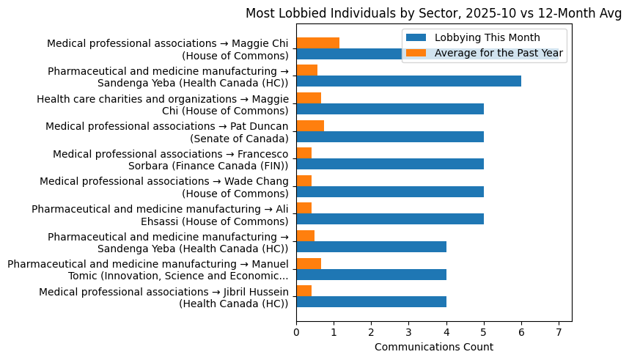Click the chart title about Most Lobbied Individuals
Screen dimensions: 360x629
433,13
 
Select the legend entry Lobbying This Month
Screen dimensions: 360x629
487,38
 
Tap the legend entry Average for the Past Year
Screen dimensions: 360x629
499,53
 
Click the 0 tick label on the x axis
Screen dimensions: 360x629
296,332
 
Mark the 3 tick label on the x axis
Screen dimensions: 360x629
408,332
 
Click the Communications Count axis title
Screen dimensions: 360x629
433,347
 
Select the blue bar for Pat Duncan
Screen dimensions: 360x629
390,136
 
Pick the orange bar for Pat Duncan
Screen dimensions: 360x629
310,125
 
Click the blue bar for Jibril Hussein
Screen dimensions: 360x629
371,301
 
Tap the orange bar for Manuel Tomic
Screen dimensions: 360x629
309,263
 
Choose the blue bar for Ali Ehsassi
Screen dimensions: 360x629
390,219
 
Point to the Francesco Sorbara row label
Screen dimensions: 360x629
170,160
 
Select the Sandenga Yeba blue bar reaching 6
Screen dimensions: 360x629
408,81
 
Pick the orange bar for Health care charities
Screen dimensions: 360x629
309,98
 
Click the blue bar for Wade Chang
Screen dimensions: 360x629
390,191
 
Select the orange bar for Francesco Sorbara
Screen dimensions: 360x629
304,153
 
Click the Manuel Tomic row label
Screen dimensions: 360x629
148,270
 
